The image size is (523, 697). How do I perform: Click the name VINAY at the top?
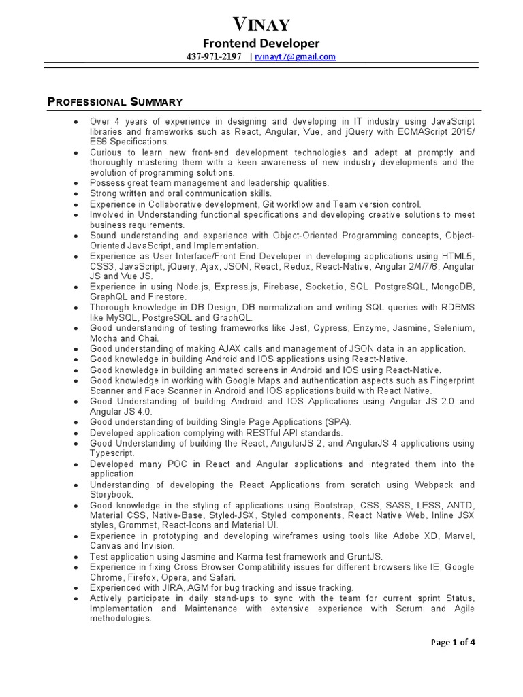pos(261,26)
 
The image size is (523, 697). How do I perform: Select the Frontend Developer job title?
pos(261,44)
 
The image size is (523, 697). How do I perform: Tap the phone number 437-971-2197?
pos(214,57)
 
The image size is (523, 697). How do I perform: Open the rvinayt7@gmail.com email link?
pos(295,57)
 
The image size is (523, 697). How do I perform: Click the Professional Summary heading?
pos(114,102)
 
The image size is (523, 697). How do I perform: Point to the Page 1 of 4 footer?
pos(454,641)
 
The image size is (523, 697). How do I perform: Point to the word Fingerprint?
pos(447,380)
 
